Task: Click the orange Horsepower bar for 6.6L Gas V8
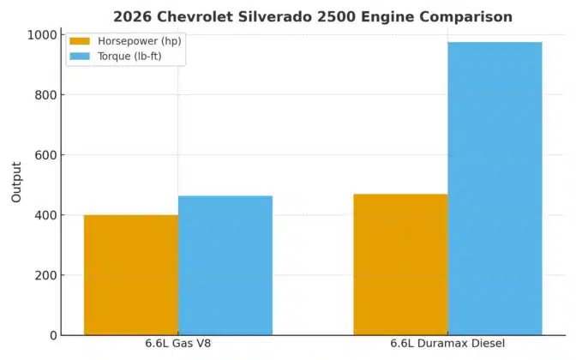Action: pyautogui.click(x=130, y=274)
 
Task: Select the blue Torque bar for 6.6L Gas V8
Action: pyautogui.click(x=225, y=265)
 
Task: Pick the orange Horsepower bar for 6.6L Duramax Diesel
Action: pyautogui.click(x=400, y=264)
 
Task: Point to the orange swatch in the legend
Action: pyautogui.click(x=80, y=41)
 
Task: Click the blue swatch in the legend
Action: pyautogui.click(x=80, y=56)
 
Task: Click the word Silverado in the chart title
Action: pyautogui.click(x=268, y=16)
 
